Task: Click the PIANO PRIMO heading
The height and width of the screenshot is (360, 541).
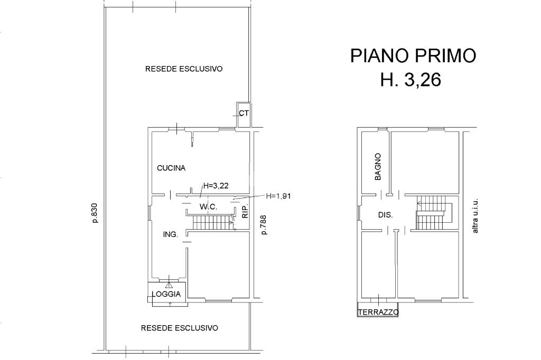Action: (x=413, y=56)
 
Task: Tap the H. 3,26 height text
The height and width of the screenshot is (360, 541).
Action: (x=411, y=80)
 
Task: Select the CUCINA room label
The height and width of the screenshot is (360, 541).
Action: (x=171, y=168)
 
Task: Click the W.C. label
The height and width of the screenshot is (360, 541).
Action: (x=208, y=207)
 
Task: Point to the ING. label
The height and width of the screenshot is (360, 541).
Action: (x=171, y=234)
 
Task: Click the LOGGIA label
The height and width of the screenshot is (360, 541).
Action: (x=166, y=294)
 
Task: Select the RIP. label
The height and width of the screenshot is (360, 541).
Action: (x=245, y=212)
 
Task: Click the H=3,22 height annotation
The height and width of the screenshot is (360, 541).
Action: (x=216, y=186)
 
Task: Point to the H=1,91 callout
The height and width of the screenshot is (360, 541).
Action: (x=278, y=196)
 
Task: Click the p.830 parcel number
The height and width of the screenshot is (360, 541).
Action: (x=95, y=213)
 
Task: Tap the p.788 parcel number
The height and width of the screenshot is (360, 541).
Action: (x=264, y=225)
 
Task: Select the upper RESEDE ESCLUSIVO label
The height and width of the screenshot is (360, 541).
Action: (x=183, y=69)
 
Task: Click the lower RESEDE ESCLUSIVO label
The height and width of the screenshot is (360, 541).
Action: (x=180, y=328)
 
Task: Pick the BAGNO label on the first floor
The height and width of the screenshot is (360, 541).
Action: (x=378, y=167)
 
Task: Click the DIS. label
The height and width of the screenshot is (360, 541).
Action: (x=385, y=215)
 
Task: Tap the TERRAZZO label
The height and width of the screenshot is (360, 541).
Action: (x=378, y=312)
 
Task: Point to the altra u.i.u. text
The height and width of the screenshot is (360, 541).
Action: (x=475, y=215)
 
